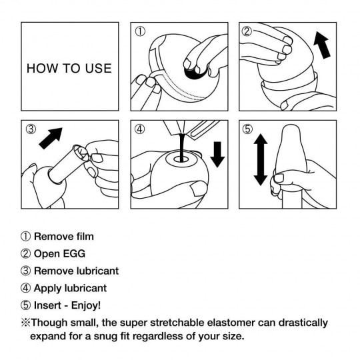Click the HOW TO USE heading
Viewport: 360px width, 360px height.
tap(69, 68)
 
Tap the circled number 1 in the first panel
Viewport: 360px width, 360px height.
tap(139, 31)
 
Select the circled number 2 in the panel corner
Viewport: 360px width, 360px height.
tap(247, 31)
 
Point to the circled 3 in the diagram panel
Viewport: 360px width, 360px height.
tap(31, 129)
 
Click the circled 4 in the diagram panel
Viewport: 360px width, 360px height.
tap(139, 129)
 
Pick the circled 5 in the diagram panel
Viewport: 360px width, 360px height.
tap(247, 129)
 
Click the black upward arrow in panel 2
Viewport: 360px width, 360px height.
tap(323, 47)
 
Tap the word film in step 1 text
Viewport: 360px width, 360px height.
tap(82, 236)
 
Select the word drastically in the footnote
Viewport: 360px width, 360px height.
tap(301, 323)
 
